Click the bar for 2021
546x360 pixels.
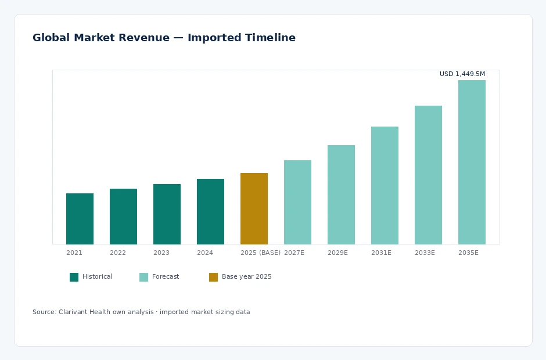80,219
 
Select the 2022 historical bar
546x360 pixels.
123,217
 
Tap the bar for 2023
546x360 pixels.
167,214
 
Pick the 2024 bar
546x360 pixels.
210,212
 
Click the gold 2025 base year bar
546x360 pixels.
254,208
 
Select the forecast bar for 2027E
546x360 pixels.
298,202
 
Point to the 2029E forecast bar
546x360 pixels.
342,195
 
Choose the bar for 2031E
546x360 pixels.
385,186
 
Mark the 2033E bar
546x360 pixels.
428,175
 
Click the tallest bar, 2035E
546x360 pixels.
472,162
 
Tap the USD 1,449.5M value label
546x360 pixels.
462,74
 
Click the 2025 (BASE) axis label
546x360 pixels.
260,253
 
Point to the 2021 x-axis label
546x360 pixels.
74,253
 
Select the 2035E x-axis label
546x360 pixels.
468,253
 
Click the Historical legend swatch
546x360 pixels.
74,277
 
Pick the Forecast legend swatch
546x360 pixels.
144,277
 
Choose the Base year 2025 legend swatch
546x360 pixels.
213,277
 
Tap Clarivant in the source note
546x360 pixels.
73,312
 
